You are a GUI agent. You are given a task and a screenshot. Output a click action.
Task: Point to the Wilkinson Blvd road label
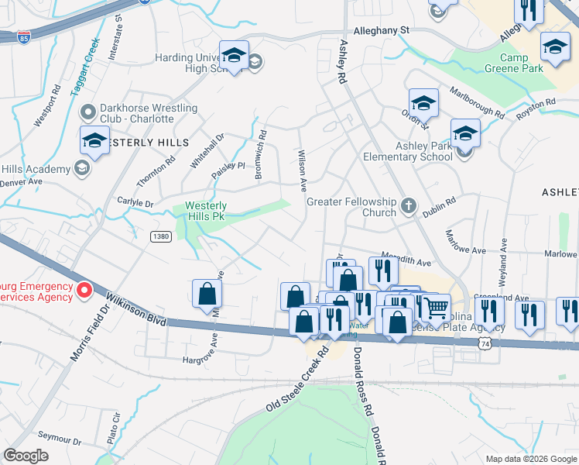coord(136,308)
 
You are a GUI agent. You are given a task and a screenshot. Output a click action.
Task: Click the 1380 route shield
coord(160,236)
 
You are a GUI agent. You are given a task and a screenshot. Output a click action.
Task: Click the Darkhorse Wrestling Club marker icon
coord(86,114)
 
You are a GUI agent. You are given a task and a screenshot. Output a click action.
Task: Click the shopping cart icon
coord(437,308)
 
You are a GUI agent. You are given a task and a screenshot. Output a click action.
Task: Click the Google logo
coord(26,455)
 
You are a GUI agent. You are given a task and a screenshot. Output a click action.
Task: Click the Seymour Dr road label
coord(61,441)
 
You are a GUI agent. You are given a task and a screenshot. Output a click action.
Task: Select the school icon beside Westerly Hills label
coord(94,141)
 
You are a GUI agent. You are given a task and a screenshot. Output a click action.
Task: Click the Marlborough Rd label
coord(478,110)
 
